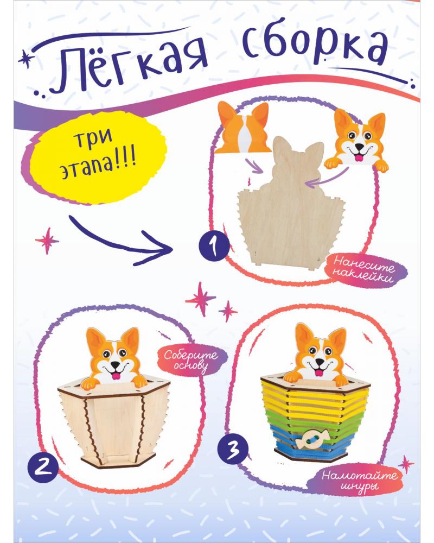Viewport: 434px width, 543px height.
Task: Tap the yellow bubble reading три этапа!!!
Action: [x=98, y=156]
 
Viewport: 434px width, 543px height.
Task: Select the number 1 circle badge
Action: [x=214, y=246]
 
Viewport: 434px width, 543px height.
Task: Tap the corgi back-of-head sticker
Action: [x=242, y=128]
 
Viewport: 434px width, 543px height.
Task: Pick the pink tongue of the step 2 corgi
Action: [x=116, y=376]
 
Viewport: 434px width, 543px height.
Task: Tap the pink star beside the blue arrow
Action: [x=47, y=241]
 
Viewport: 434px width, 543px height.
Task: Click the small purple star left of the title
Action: [x=24, y=59]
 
